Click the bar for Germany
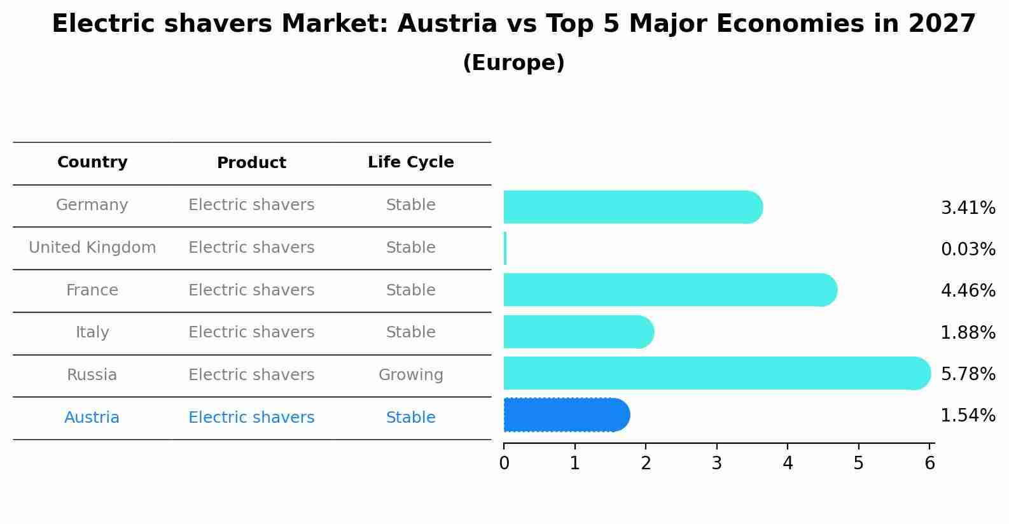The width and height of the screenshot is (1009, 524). point(633,207)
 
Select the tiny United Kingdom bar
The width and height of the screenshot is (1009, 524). point(505,248)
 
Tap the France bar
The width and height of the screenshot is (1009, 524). point(670,290)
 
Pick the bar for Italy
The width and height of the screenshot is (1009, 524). point(578,332)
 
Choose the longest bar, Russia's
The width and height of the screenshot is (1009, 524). point(717,373)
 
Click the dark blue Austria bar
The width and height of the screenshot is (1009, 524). point(566,415)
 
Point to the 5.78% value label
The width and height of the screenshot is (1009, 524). point(968,374)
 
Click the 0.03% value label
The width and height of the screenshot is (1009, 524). point(968,250)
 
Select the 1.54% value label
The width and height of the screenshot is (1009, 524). point(968,416)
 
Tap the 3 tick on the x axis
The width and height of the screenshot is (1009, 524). point(717,464)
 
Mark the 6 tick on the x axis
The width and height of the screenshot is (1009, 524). point(929,464)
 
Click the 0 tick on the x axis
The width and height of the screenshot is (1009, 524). point(504,464)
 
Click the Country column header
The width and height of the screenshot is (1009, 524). point(92,162)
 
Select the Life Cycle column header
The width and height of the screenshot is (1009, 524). point(410,162)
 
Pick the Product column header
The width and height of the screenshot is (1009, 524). point(251,163)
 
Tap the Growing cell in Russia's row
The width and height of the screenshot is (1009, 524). point(410,375)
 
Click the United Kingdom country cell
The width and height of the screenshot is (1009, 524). point(92,248)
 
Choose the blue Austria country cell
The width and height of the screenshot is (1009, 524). point(92,418)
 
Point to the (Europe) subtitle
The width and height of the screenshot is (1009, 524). point(513,63)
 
